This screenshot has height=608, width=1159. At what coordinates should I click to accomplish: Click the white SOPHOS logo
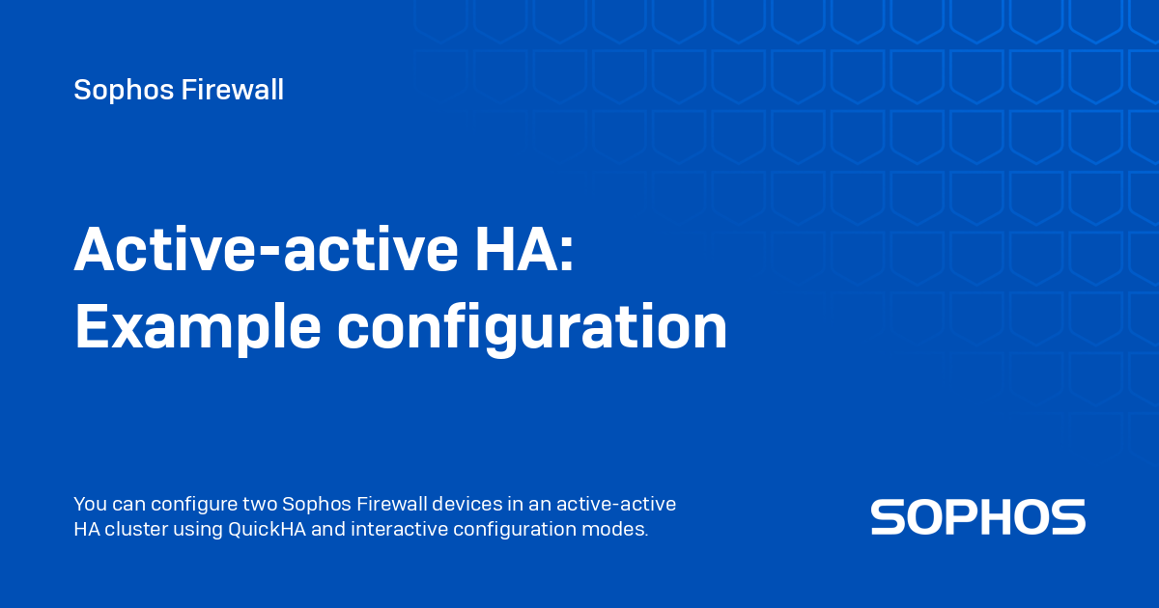click(977, 517)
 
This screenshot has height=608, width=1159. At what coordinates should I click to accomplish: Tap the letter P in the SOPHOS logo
click(977, 517)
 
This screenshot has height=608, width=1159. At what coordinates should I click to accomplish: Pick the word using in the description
click(198, 529)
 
